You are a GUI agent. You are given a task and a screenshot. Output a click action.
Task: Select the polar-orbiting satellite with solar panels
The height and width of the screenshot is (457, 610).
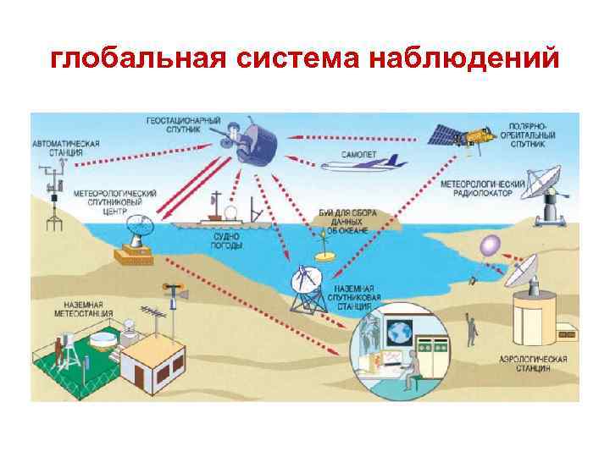[x=463, y=135]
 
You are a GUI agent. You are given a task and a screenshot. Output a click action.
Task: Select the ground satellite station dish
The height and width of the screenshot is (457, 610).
[x=305, y=284]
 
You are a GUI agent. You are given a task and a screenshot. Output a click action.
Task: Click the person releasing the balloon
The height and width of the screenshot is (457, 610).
[x=469, y=328]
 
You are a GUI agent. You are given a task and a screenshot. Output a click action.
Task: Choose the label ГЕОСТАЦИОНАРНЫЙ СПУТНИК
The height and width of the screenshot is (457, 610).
[x=179, y=126]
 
